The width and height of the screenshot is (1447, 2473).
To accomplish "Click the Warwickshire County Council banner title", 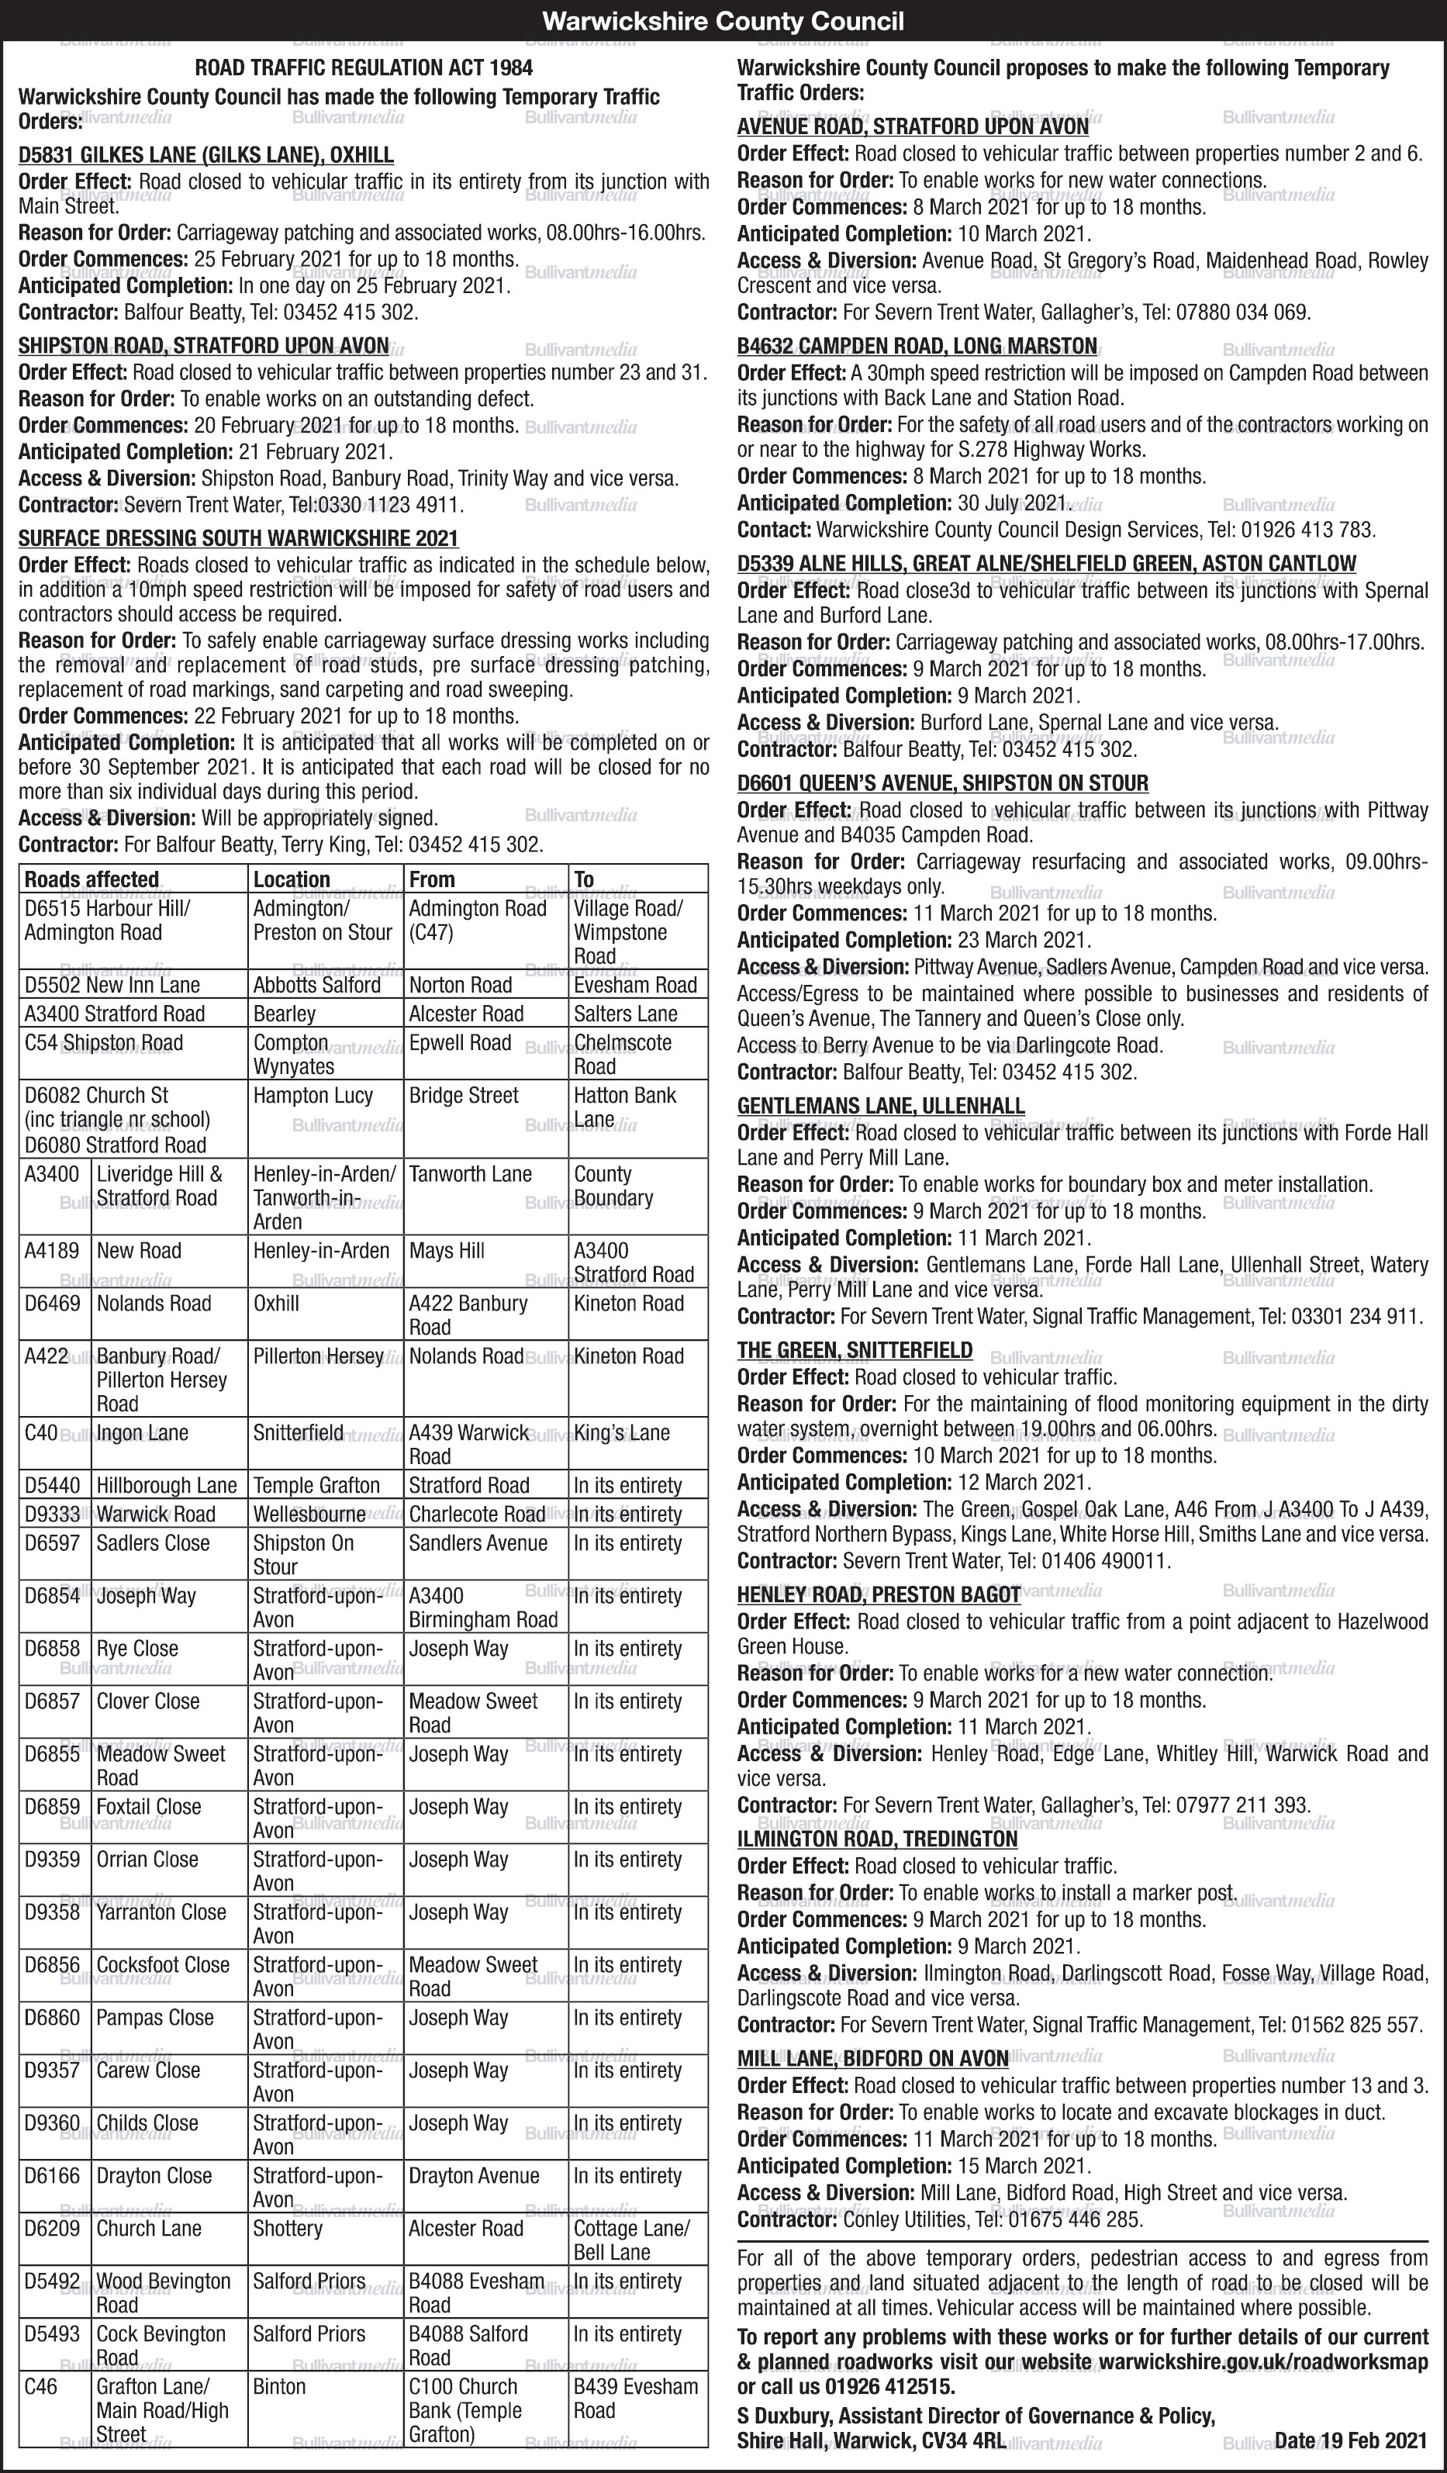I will coord(723,21).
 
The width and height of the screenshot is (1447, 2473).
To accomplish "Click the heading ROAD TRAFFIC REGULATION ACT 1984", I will coord(364,67).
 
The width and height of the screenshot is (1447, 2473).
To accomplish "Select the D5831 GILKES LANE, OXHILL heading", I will coord(206,155).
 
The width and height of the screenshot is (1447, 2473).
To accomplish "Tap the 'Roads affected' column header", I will coord(92,879).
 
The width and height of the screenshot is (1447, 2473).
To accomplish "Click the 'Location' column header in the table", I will coord(292,879).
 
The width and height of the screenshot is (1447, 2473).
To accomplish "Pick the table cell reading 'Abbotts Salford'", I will coord(317,986).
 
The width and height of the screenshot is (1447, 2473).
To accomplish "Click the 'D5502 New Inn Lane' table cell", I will coord(112,986).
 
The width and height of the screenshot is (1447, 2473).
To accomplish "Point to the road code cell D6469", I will coord(53,1304).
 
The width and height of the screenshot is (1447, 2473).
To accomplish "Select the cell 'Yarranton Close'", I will coord(161,1912).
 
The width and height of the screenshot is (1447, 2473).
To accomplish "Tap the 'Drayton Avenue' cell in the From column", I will coord(474,2176).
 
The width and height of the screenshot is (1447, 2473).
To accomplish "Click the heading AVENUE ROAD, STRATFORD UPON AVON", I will coord(913,126).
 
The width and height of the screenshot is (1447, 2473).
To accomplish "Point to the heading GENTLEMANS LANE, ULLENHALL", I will coord(881,1106).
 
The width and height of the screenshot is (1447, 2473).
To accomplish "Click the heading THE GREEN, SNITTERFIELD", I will coord(855,1350).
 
